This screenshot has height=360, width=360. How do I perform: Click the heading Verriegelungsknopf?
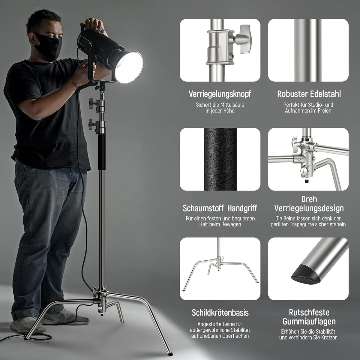(220, 94)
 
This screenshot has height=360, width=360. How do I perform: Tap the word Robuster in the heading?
(292, 94)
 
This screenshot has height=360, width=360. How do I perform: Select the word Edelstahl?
(325, 94)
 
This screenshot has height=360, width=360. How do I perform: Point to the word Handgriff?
(242, 208)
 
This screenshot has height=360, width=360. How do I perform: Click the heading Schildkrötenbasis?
(220, 313)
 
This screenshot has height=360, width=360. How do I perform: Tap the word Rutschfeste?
(309, 312)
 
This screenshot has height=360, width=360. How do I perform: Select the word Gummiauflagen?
(309, 321)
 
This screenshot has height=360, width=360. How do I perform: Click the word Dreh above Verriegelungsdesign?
(309, 199)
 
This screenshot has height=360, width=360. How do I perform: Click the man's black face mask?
(48, 47)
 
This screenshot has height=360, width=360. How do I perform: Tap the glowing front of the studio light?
(129, 67)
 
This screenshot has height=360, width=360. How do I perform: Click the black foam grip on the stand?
(101, 152)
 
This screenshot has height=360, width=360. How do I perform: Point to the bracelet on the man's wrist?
(73, 84)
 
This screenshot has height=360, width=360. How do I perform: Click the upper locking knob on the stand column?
(92, 103)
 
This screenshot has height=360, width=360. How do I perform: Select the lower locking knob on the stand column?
(92, 124)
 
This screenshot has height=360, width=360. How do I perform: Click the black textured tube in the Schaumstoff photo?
(220, 159)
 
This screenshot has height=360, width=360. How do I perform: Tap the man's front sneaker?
(28, 325)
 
